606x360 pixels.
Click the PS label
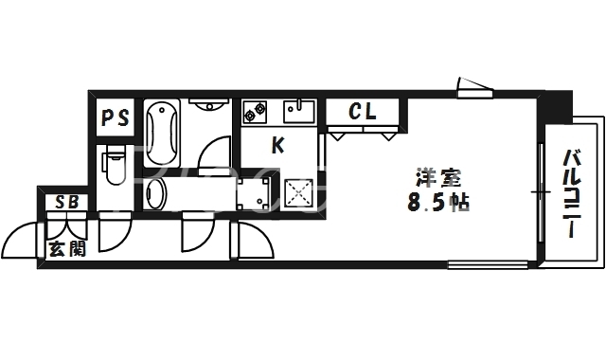[116, 118]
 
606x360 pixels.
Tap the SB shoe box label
[66, 202]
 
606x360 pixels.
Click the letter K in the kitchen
[278, 145]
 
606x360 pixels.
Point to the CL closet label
[362, 112]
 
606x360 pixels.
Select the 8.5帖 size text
[438, 202]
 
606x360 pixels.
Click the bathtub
[162, 133]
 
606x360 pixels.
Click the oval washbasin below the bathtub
[157, 195]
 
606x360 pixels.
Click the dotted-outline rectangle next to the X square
[255, 193]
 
